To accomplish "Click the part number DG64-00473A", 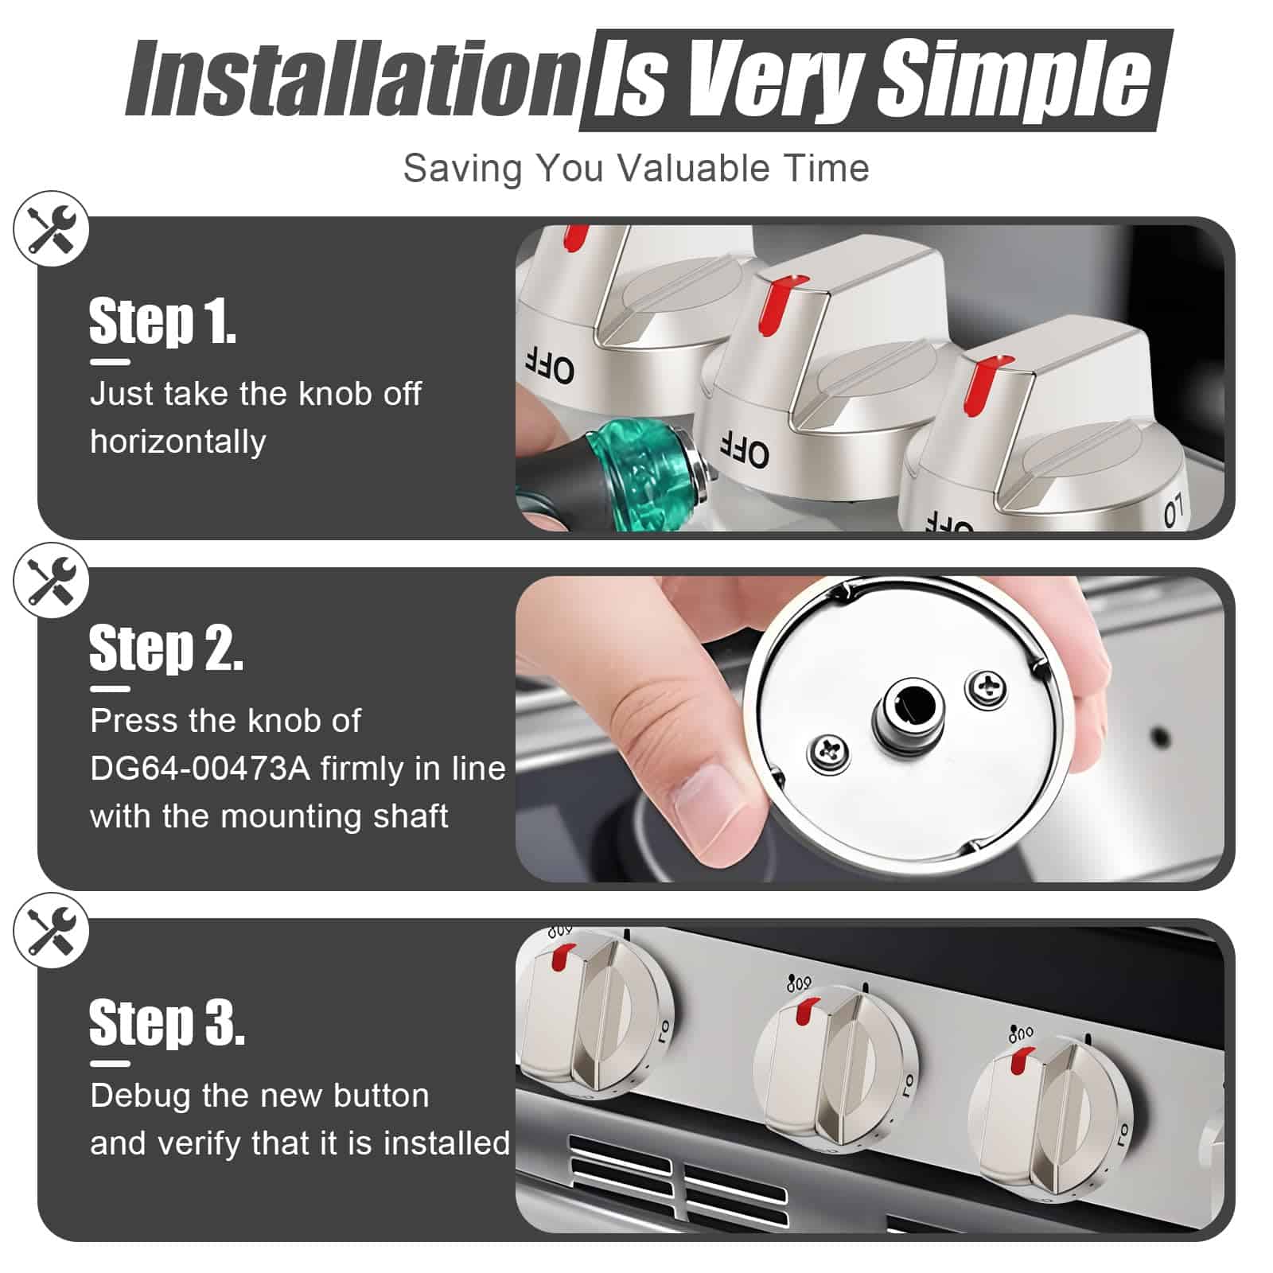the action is pos(200,769).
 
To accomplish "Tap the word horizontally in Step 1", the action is pos(177,442).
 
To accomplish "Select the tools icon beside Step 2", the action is pos(52,580).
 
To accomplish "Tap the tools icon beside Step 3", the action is pos(52,931).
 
